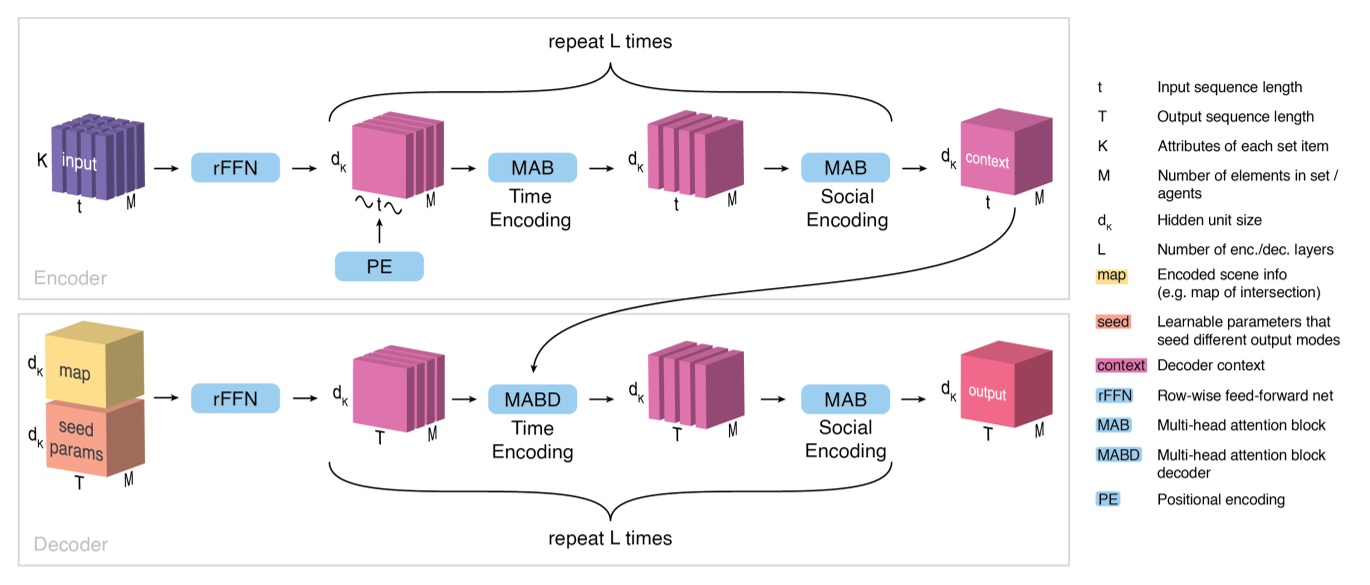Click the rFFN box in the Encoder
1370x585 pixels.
pyautogui.click(x=235, y=167)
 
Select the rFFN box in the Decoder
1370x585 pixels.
pyautogui.click(x=235, y=400)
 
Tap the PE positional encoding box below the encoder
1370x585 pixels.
pyautogui.click(x=379, y=266)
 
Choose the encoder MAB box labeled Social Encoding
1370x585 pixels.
pyautogui.click(x=845, y=167)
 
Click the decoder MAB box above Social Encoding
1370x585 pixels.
pyautogui.click(x=845, y=400)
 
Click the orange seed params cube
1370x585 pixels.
pyautogui.click(x=83, y=440)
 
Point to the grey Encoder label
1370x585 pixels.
pyautogui.click(x=69, y=278)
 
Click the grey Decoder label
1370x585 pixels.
pyautogui.click(x=70, y=545)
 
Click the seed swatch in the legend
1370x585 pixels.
pyautogui.click(x=1114, y=322)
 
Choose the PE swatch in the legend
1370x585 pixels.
pyautogui.click(x=1108, y=499)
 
